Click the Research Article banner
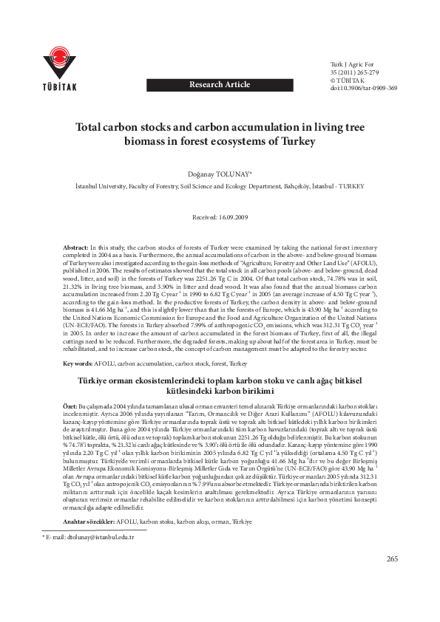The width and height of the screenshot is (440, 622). click(220, 85)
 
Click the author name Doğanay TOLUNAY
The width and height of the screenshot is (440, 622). click(219, 172)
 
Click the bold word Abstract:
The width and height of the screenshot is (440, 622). click(75, 245)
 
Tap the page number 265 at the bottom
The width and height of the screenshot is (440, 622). click(391, 599)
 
